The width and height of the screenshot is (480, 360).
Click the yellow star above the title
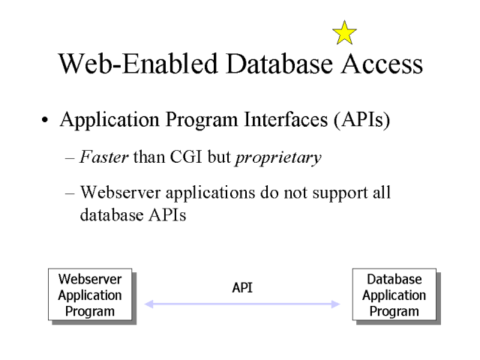pyautogui.click(x=343, y=32)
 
